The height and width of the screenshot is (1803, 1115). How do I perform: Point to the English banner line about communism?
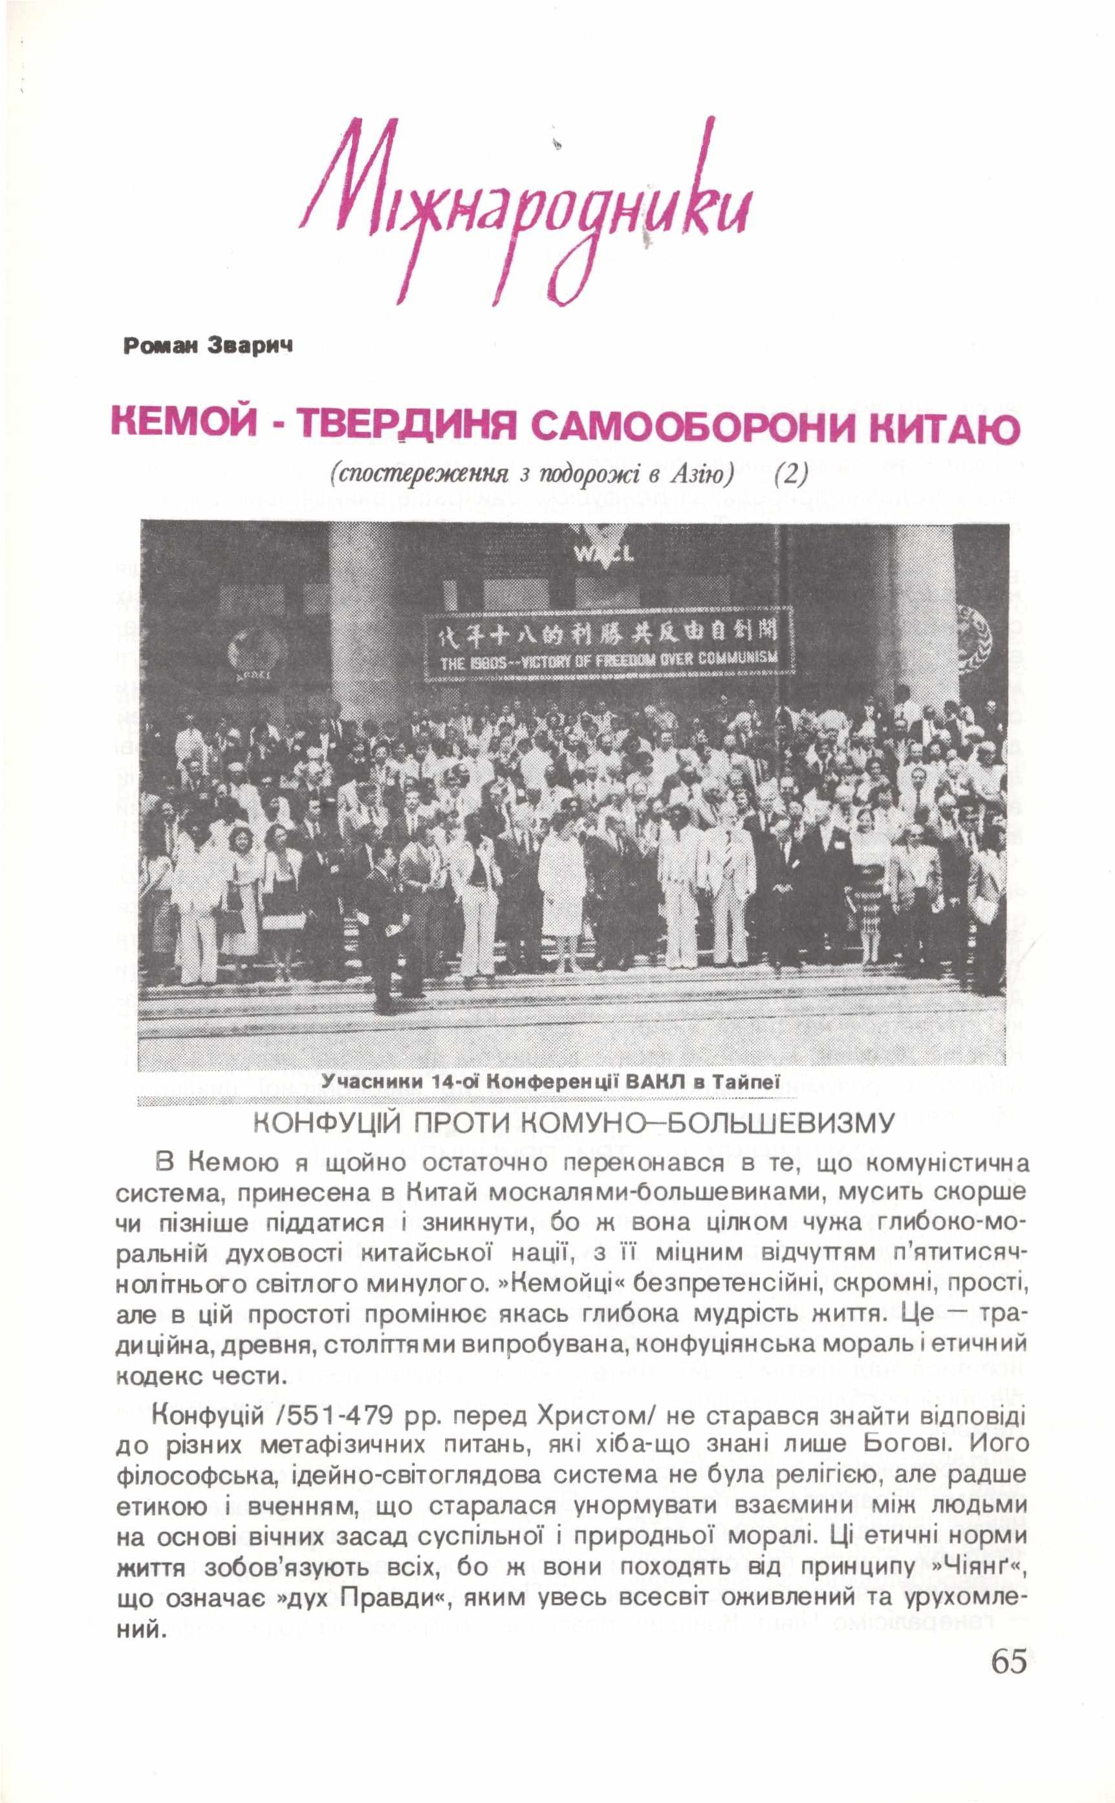click(x=609, y=659)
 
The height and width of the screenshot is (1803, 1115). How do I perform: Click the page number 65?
click(x=1008, y=1719)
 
